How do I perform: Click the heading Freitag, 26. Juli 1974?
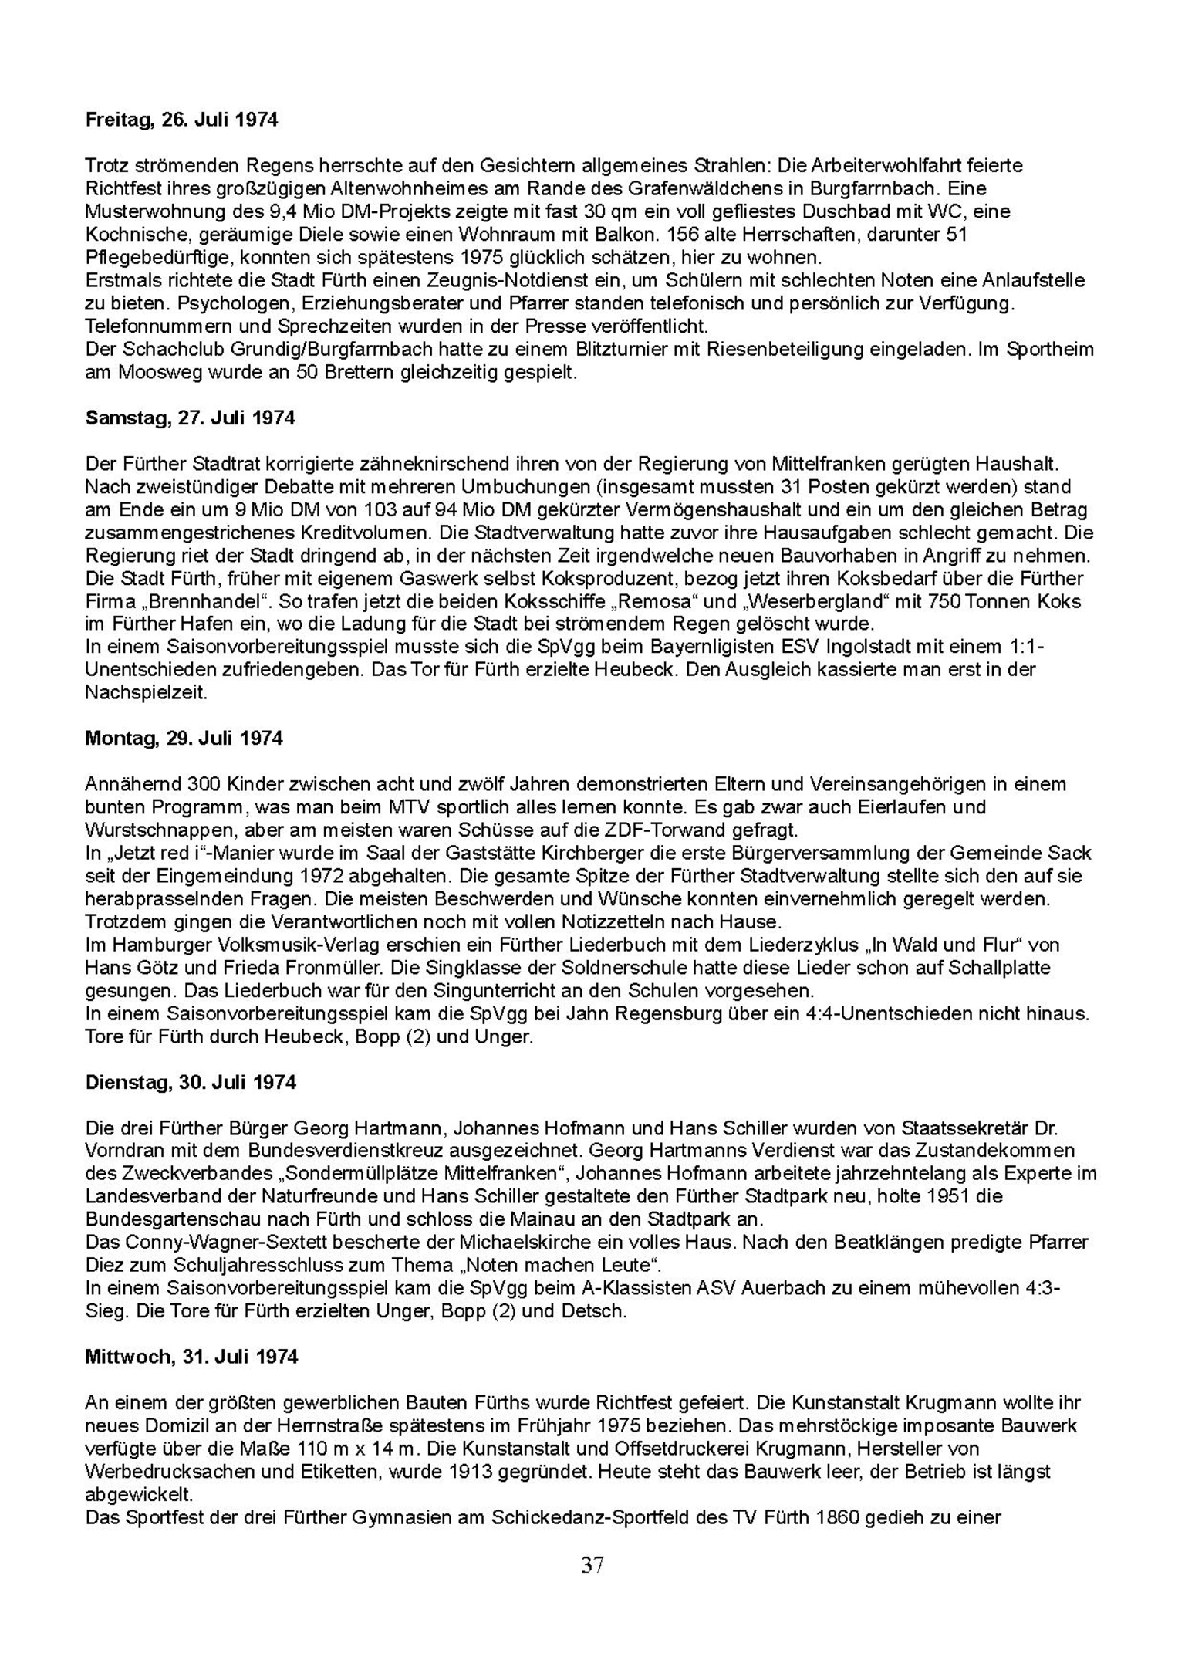point(181,120)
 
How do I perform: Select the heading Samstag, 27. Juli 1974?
point(190,418)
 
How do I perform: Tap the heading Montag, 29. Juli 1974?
point(184,739)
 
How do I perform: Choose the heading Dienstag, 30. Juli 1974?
point(191,1082)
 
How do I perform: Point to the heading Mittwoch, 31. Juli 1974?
point(191,1357)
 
